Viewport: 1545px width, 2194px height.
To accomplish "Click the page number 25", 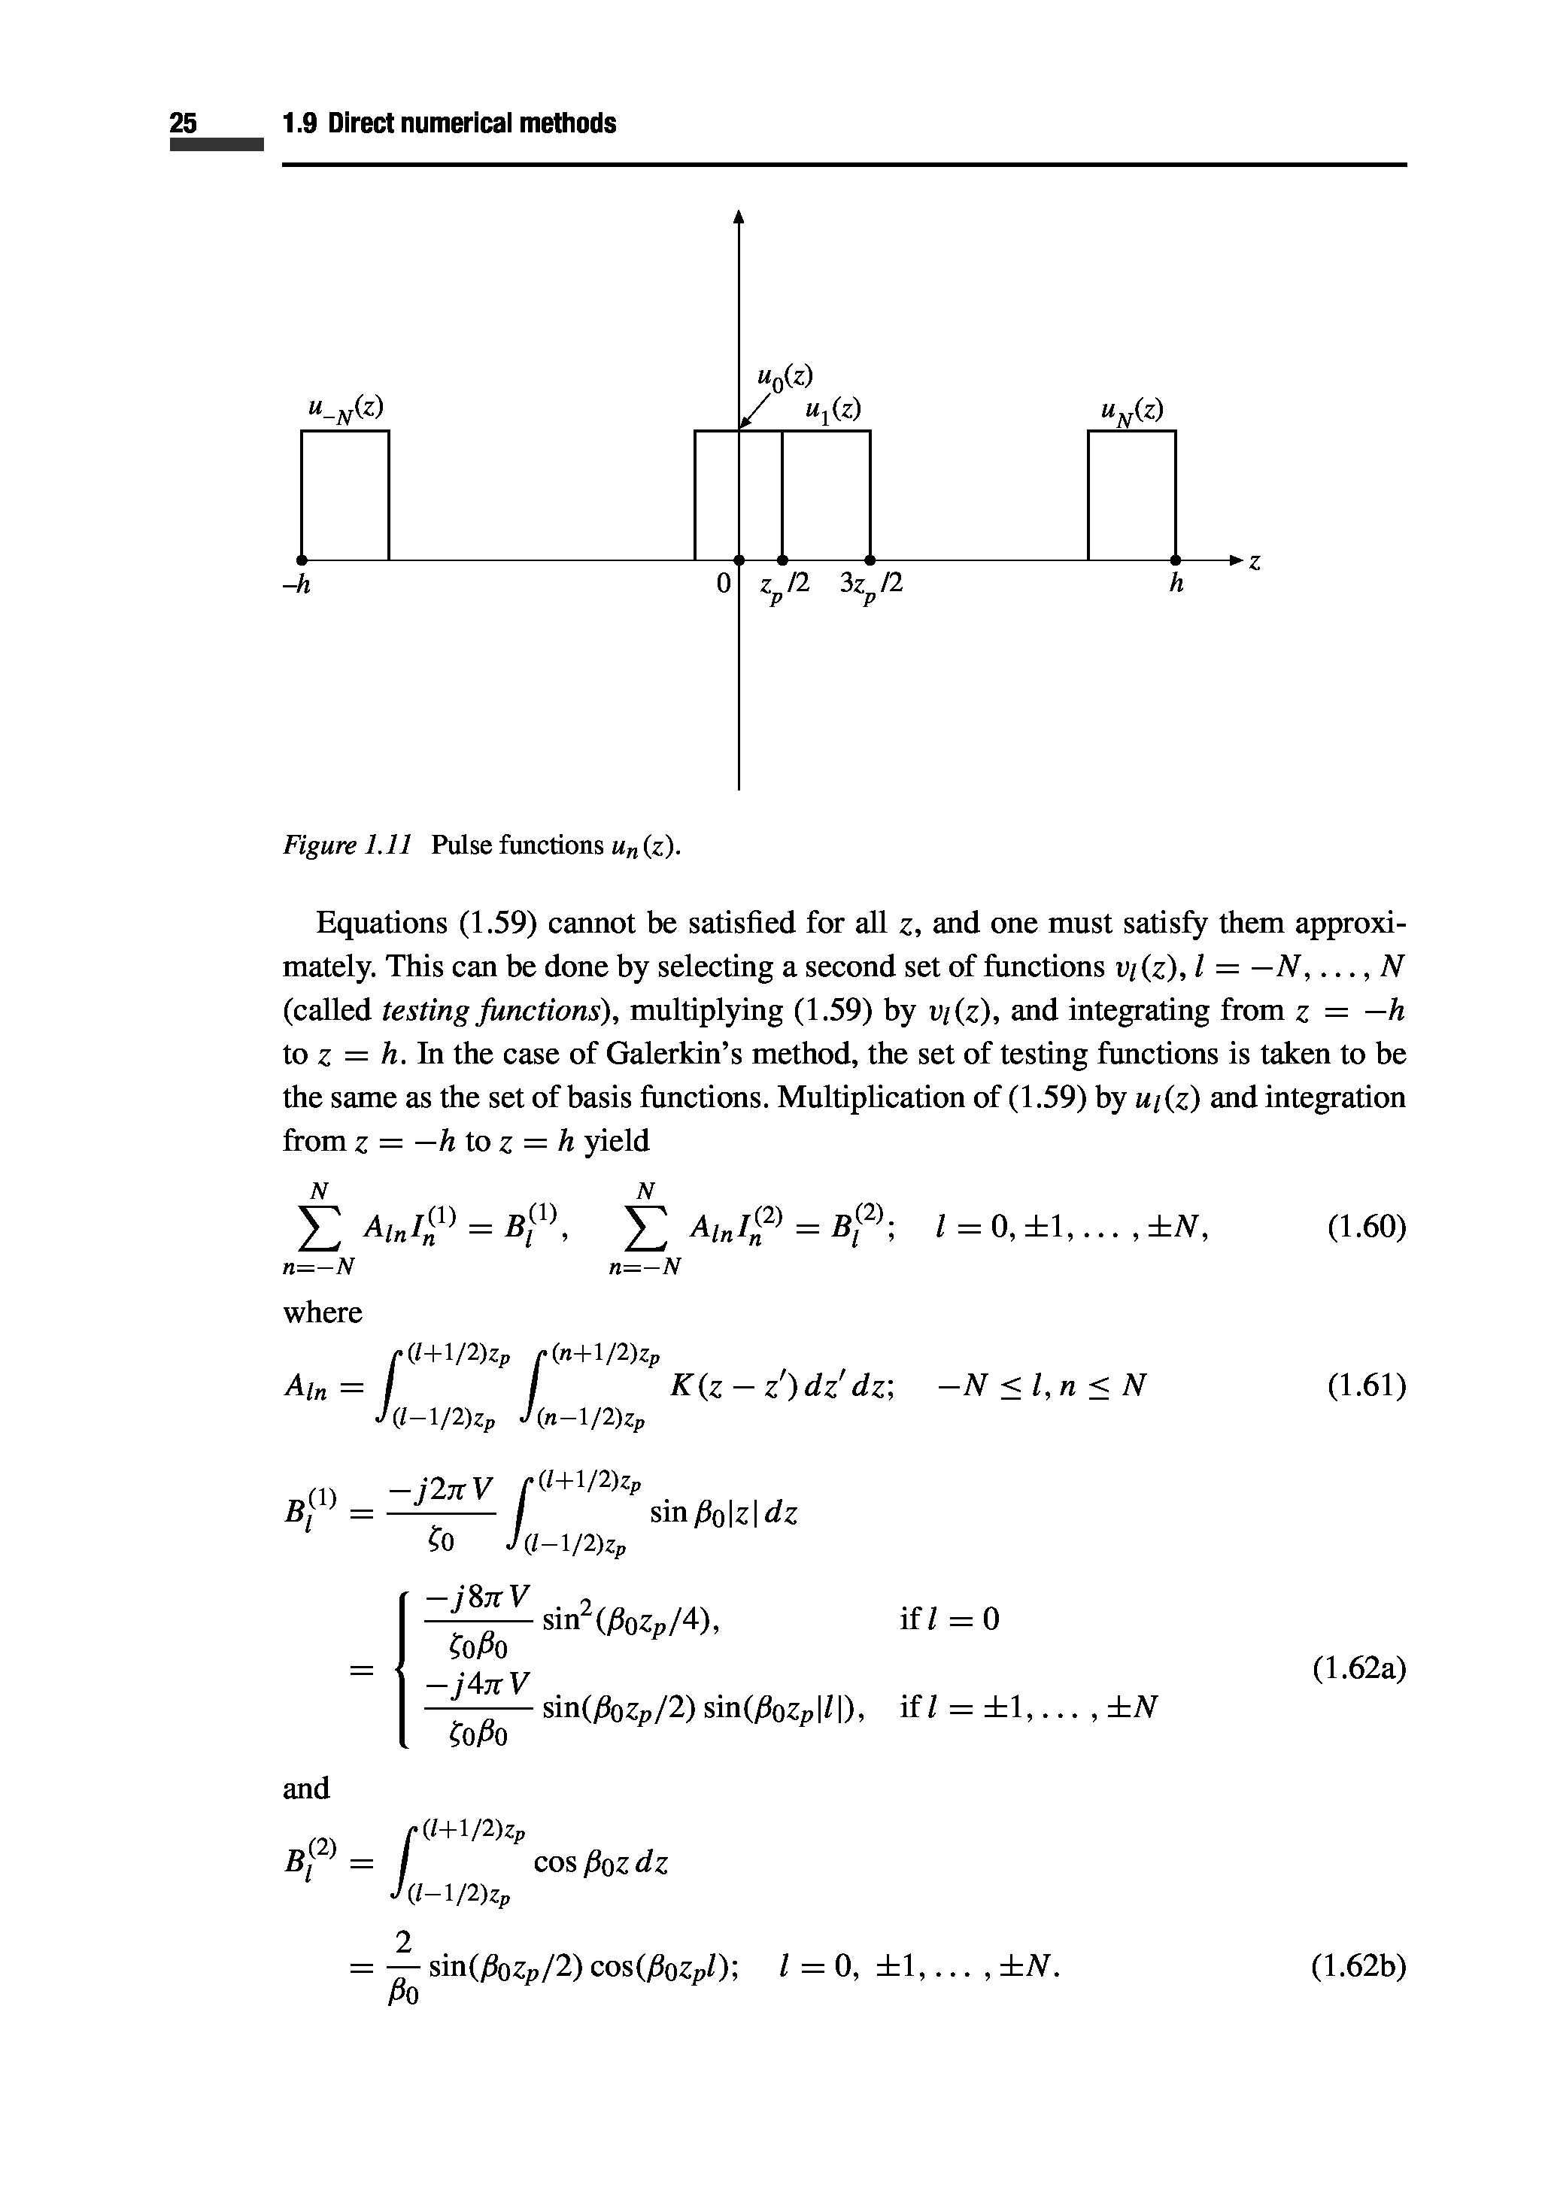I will [184, 123].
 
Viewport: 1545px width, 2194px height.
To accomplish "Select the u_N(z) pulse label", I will [1131, 410].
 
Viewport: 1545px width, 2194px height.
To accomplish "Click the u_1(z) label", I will [832, 409].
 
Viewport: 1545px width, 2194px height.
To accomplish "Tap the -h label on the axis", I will [297, 584].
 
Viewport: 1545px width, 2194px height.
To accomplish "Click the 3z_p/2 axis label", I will [870, 584].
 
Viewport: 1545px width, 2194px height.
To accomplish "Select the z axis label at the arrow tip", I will [1255, 564].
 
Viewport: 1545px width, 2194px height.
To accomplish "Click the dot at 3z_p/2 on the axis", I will [870, 559].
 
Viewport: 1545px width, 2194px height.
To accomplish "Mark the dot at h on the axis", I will [1175, 559].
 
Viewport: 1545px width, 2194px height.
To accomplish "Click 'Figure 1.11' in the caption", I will [347, 845].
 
